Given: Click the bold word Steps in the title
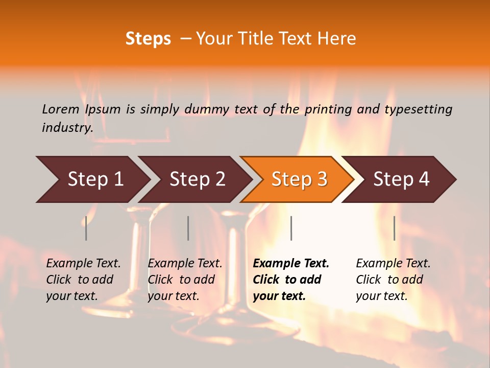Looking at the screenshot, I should (x=148, y=39).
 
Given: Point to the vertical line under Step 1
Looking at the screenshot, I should (x=86, y=228).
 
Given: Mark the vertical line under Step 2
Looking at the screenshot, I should (x=188, y=228).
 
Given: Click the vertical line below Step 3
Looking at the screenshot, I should (x=291, y=228).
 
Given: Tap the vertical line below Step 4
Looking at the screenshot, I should (x=394, y=228).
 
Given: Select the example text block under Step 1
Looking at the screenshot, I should (x=83, y=280).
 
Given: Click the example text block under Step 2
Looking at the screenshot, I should (x=185, y=280).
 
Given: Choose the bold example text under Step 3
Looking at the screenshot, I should (x=291, y=280).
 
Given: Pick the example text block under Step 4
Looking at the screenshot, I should (x=393, y=280).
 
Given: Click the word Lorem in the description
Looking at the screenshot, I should (x=61, y=109).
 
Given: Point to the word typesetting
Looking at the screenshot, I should (x=418, y=109).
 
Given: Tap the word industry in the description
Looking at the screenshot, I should (x=67, y=128).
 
